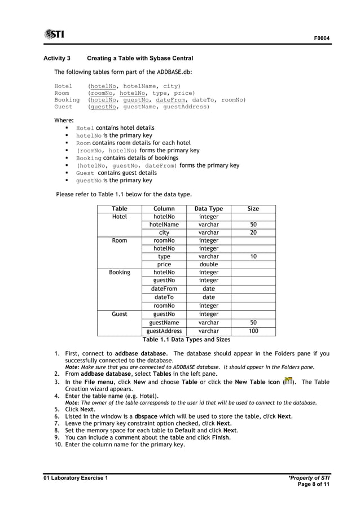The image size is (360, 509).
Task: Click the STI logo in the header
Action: (x=54, y=34)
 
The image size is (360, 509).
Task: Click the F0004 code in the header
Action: (x=322, y=38)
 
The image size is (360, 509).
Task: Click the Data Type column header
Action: (x=208, y=209)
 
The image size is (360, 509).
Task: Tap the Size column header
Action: (x=253, y=209)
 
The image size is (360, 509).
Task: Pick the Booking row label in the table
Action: (x=119, y=272)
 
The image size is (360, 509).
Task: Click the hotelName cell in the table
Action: (x=164, y=225)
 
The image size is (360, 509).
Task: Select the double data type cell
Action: (x=208, y=264)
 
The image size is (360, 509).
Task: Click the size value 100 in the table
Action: (x=253, y=331)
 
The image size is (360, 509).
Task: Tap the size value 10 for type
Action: (x=253, y=256)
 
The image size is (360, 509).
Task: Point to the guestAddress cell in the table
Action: (x=164, y=331)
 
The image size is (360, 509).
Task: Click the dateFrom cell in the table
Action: (x=164, y=288)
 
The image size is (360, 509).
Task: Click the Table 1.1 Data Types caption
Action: (x=186, y=340)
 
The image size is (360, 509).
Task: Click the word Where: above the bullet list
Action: (x=64, y=120)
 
